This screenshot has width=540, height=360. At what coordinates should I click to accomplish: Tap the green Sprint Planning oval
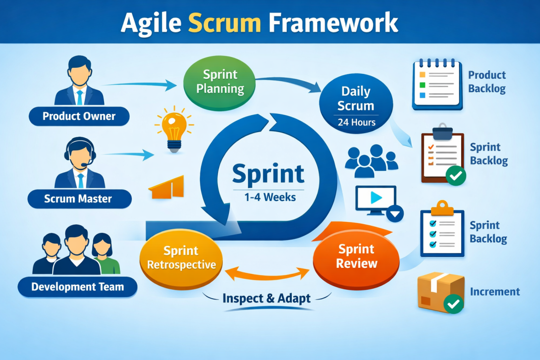coord(219,82)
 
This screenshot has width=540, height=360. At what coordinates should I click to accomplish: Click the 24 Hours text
coord(356,122)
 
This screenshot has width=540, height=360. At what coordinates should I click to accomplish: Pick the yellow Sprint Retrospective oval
coord(181,257)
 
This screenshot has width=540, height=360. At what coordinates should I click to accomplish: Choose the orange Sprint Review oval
coord(357,256)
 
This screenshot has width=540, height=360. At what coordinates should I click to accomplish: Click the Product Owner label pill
coord(79,116)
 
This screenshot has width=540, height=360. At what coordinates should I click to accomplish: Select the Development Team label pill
coord(77,287)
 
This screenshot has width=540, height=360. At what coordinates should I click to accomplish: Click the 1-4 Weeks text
coord(270,197)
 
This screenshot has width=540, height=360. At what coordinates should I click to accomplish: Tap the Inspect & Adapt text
coord(267,299)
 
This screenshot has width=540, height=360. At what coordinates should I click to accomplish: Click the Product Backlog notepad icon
coord(437,84)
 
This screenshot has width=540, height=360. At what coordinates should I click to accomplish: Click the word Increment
coord(494,292)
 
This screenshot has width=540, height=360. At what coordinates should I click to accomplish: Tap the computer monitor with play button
coord(376,199)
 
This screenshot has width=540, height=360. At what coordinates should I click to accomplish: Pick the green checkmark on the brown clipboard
coord(455,175)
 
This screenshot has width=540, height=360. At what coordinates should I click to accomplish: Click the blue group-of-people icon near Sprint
coord(371,161)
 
